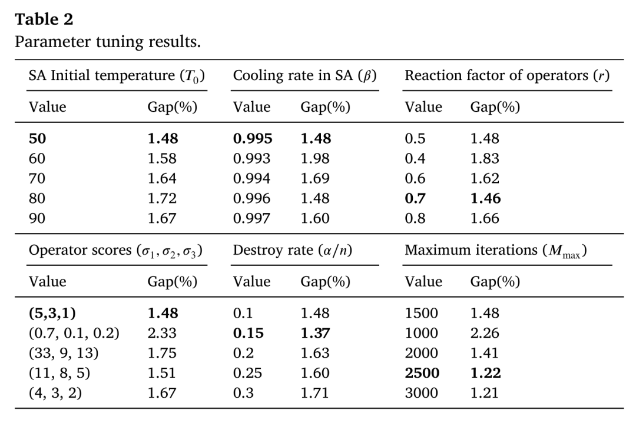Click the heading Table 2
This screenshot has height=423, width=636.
[x=44, y=19]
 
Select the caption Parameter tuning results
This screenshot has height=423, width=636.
[x=108, y=42]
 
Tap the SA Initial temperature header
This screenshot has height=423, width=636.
[x=117, y=76]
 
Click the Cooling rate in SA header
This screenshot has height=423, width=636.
[x=304, y=76]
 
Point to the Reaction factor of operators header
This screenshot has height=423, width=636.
[x=507, y=76]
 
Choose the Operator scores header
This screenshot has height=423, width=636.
[x=115, y=251]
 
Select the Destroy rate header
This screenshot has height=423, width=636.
[x=293, y=251]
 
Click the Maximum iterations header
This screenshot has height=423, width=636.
[x=496, y=251]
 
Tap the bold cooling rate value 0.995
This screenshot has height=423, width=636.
[x=253, y=139]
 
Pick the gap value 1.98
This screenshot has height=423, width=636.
[x=315, y=158]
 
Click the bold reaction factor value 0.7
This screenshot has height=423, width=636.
[x=415, y=198]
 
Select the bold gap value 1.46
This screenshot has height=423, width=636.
[x=485, y=198]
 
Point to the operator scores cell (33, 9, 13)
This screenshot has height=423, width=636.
[x=64, y=354]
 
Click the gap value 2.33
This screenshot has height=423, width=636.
[x=162, y=333]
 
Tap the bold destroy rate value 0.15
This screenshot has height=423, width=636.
[x=249, y=333]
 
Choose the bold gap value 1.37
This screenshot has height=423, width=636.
[x=315, y=333]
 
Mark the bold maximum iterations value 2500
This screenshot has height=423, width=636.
[x=422, y=373]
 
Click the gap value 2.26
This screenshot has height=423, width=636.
[x=485, y=333]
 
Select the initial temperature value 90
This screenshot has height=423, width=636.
[x=37, y=219]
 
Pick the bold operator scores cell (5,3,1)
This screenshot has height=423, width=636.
[x=52, y=313]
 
